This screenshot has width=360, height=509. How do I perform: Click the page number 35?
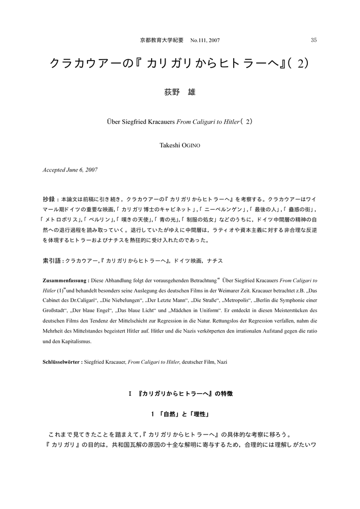pyautogui.click(x=313, y=40)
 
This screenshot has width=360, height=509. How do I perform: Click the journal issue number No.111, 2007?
pyautogui.click(x=205, y=40)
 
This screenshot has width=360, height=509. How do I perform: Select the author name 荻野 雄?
pyautogui.click(x=180, y=92)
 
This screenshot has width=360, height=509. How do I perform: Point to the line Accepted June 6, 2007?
pyautogui.click(x=70, y=170)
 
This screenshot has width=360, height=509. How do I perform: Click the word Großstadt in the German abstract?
pyautogui.click(x=55, y=312)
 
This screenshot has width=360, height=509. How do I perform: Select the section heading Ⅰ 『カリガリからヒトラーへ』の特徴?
pyautogui.click(x=180, y=394)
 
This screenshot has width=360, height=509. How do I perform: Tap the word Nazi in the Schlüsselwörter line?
pyautogui.click(x=222, y=362)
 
